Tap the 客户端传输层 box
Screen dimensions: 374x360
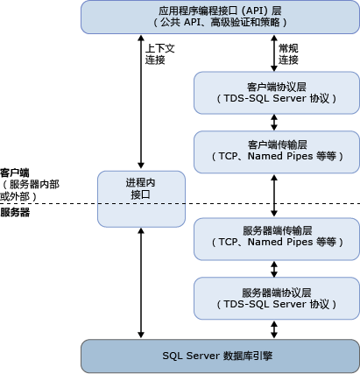pos(276,150)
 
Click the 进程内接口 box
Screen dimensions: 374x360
pos(141,188)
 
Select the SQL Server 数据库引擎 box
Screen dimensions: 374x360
pos(220,355)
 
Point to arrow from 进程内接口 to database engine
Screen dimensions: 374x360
pos(141,280)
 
